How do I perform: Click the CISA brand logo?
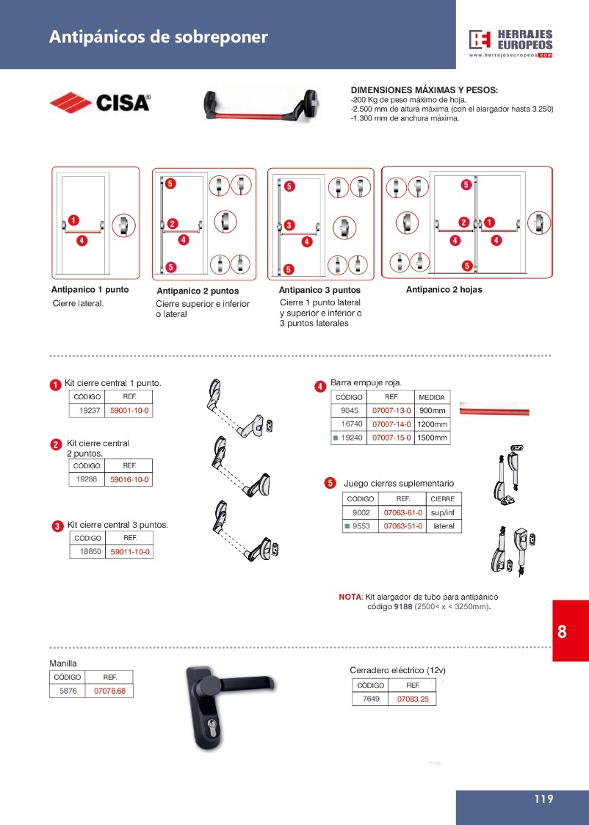click(x=100, y=103)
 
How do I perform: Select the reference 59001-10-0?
click(x=130, y=411)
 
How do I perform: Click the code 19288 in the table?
click(x=87, y=479)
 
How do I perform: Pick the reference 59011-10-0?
click(x=131, y=551)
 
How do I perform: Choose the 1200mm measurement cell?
click(x=432, y=424)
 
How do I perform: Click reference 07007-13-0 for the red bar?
click(x=392, y=410)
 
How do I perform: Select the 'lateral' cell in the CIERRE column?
click(x=444, y=526)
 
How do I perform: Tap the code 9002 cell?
click(x=361, y=512)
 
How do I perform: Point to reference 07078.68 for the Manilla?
click(x=109, y=691)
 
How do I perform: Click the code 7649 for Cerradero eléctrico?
click(x=371, y=699)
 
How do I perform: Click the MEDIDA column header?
click(x=432, y=397)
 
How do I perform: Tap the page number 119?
click(x=543, y=800)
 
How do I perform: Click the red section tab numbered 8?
click(x=562, y=632)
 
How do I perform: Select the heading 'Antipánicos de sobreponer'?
click(x=158, y=37)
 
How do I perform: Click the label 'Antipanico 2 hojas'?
click(x=444, y=290)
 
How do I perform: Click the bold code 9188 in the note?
click(x=402, y=607)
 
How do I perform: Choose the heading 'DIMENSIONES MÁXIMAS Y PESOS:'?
click(x=424, y=90)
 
